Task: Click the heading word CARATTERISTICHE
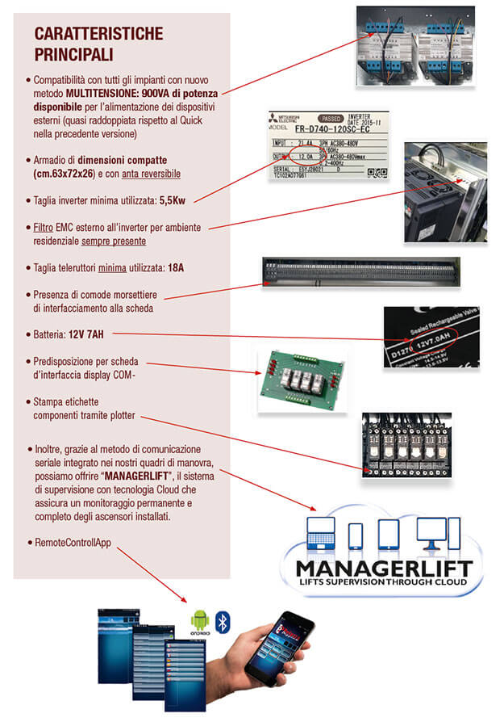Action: coord(98,33)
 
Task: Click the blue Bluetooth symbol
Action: coord(227,620)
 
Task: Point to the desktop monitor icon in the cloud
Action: coord(430,533)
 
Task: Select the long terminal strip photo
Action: coord(360,271)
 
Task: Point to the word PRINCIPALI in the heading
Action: coord(73,54)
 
